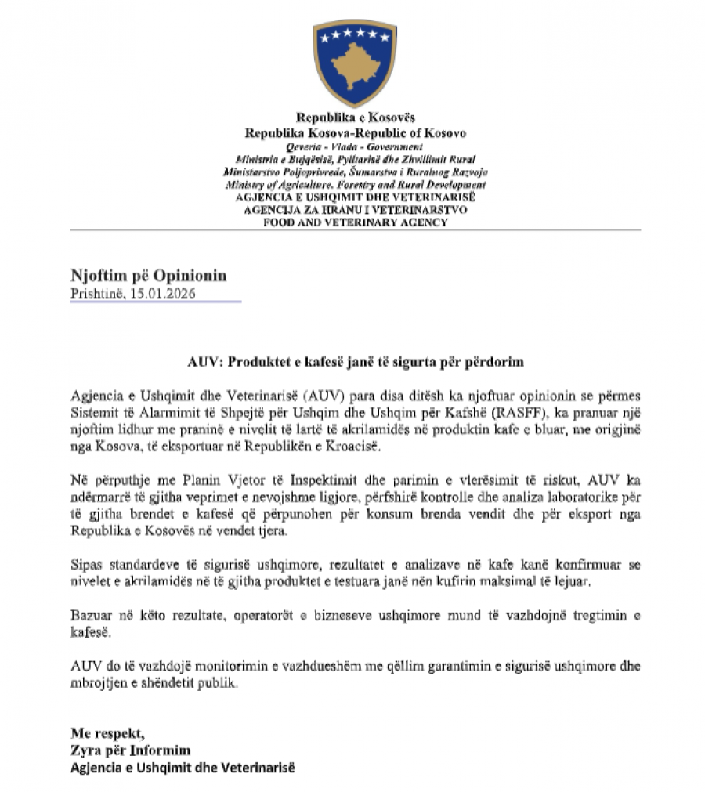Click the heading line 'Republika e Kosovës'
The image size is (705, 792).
tap(355, 119)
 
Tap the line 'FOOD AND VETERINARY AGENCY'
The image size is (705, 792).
tap(355, 222)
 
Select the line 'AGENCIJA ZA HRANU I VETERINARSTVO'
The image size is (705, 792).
tap(355, 210)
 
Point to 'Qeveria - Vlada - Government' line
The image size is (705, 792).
tap(355, 146)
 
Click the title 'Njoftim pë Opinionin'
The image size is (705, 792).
tap(148, 277)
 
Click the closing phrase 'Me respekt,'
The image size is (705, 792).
tap(107, 733)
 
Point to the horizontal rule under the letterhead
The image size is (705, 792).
tap(355, 230)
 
